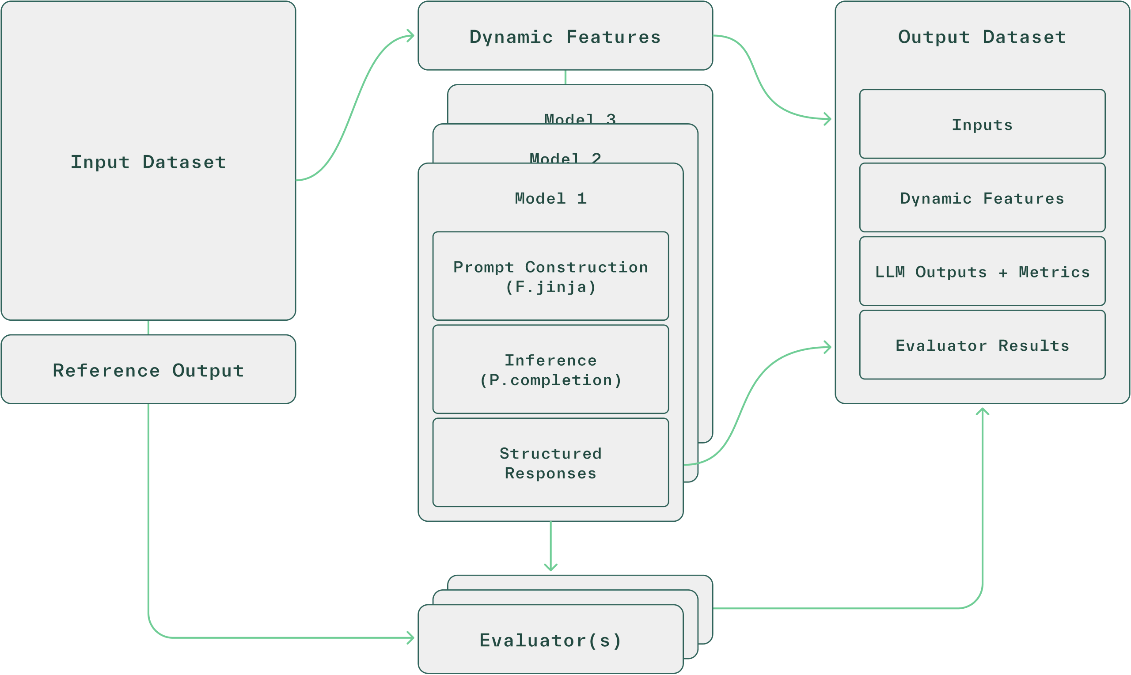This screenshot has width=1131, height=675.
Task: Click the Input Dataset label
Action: [x=148, y=163]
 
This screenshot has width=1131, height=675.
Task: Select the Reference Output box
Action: [x=148, y=370]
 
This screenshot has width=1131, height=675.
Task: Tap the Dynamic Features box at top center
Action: [x=565, y=36]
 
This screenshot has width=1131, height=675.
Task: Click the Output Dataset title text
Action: [x=982, y=37]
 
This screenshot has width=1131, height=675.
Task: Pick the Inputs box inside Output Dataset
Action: [x=982, y=124]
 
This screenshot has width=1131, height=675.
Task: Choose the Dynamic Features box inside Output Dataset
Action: [x=982, y=198]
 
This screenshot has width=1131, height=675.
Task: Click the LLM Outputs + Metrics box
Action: [x=982, y=272]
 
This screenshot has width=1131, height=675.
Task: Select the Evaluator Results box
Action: [x=982, y=345]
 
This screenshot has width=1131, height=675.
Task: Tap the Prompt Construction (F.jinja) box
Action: [x=550, y=276]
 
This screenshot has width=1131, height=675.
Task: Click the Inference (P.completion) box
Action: [x=550, y=369]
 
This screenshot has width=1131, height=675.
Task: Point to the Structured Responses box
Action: [x=550, y=463]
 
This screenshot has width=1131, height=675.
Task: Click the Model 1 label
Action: [x=550, y=198]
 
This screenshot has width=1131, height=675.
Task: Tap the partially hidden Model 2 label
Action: [x=565, y=157]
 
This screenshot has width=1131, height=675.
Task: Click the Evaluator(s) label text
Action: [x=550, y=640]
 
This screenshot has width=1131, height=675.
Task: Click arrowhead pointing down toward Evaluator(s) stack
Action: [x=550, y=568]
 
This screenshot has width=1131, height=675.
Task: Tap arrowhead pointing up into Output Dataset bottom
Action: [x=982, y=411]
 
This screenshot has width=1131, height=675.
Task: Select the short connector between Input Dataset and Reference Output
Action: [x=148, y=327]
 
